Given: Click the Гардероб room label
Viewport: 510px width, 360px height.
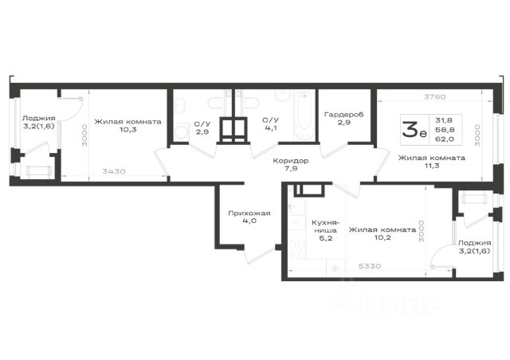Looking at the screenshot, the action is tap(343, 115).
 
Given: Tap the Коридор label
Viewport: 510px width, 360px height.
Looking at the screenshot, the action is tap(290, 161).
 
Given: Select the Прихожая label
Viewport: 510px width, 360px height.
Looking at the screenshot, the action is tap(249, 213).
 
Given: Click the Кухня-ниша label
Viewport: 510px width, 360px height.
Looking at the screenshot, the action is tap(326, 226).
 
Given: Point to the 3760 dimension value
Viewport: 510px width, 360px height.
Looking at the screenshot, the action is tap(435, 96).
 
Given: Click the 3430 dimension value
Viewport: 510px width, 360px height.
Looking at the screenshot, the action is tap(114, 171).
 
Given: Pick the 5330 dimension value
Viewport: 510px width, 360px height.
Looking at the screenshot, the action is tap(370, 266).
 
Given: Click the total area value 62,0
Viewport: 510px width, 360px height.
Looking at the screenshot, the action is tap(445, 139).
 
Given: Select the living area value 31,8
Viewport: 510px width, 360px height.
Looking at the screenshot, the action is tap(444, 120).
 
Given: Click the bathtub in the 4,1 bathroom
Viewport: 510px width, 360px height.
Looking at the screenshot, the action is tap(304, 115).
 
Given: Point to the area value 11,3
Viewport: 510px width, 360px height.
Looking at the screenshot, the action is tap(432, 166).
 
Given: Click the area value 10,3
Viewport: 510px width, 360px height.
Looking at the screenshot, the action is tap(127, 130).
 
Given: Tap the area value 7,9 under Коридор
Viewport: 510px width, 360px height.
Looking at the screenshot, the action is tap(290, 169).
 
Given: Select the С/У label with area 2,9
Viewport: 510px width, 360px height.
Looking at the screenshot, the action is tap(202, 124).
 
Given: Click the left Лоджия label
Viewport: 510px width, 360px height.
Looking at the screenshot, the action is tap(39, 118).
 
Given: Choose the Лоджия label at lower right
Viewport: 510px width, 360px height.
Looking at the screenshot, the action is tap(475, 243).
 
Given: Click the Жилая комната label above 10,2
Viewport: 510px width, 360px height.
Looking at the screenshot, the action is tap(382, 229).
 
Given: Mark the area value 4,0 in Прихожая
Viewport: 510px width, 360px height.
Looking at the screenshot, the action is tap(249, 221).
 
